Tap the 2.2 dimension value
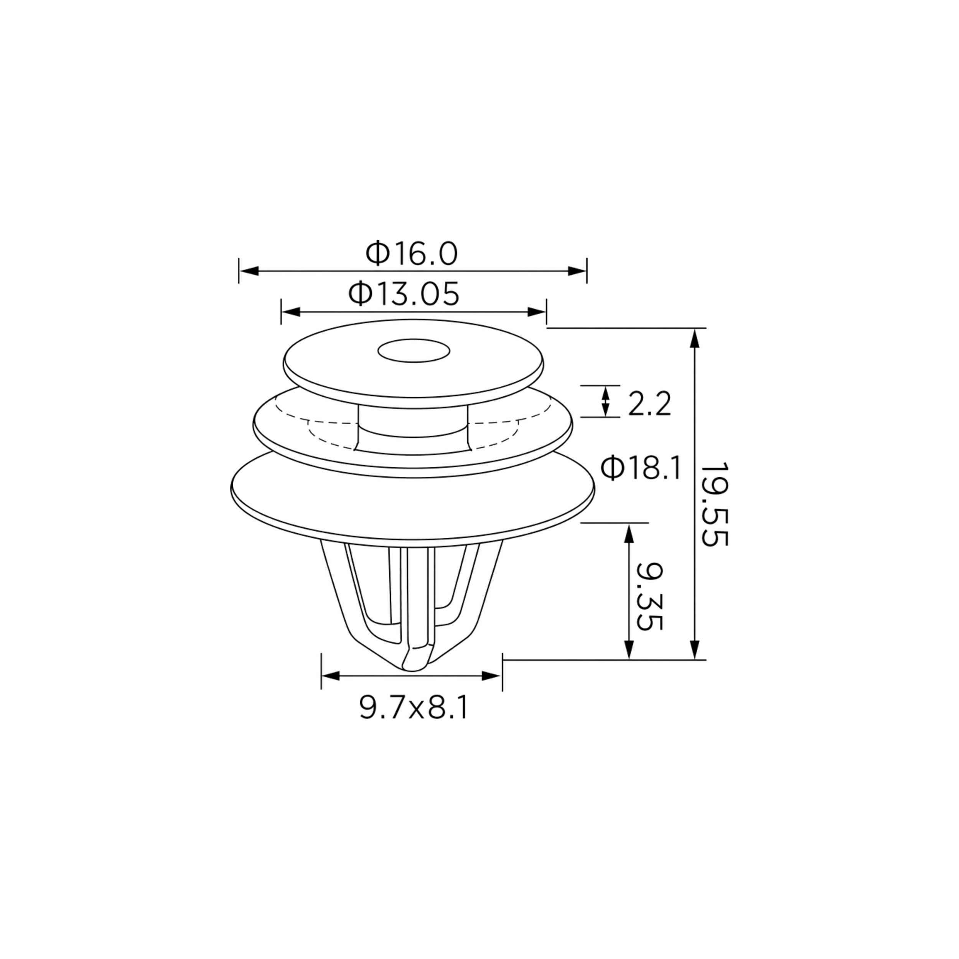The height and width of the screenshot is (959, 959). [x=649, y=404]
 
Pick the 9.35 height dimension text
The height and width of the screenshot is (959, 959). [x=650, y=596]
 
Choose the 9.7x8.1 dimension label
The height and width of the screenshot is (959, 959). [x=414, y=707]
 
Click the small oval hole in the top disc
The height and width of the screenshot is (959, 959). [x=414, y=351]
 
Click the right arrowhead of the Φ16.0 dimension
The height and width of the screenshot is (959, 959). [x=577, y=271]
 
